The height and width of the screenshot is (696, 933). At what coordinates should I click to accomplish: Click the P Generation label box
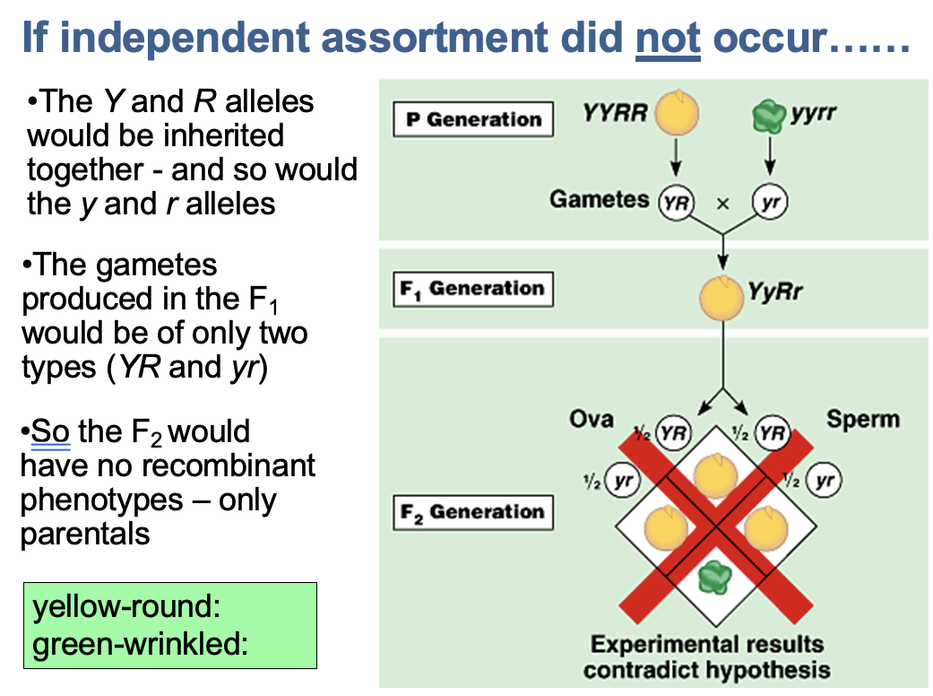472,119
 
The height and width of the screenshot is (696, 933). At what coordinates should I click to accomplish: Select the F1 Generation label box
472,289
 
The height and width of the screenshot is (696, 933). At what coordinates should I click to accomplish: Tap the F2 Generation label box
472,512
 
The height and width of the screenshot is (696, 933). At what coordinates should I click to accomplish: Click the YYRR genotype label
614,114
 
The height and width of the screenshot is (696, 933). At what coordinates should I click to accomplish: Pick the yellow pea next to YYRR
675,113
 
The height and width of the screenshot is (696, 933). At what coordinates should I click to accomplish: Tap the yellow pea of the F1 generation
721,293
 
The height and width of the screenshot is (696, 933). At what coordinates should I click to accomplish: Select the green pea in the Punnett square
714,574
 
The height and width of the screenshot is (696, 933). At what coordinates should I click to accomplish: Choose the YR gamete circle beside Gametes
677,202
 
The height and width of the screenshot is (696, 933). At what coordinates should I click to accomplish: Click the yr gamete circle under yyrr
769,202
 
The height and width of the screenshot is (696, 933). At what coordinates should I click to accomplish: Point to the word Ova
592,419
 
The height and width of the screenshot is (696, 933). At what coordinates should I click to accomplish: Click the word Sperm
862,419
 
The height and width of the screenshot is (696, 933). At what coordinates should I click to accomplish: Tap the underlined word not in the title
668,39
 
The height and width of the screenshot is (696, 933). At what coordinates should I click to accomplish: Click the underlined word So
50,431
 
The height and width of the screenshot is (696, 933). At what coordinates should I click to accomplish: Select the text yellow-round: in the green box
126,607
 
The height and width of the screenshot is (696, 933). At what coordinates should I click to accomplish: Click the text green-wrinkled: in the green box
140,644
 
